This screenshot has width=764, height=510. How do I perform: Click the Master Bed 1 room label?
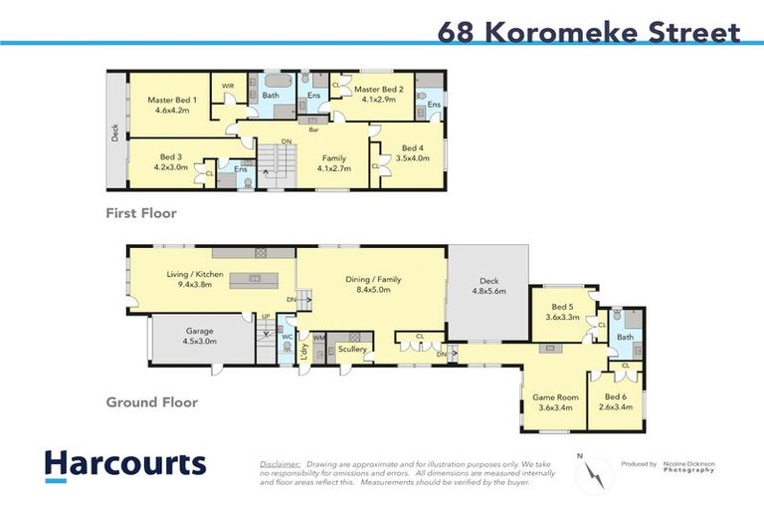pos(172,101)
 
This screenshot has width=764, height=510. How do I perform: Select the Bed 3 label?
pos(170,157)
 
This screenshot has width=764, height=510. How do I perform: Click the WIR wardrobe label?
pos(227,86)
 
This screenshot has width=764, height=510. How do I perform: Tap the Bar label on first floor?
pos(313,130)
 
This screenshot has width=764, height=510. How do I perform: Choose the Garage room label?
pos(200,331)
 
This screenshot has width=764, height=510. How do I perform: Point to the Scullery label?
pos(352,350)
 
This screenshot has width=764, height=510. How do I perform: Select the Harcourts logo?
pos(125,464)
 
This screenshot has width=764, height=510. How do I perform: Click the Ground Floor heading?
pos(153,402)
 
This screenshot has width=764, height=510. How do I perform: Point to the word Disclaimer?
pos(280,464)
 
